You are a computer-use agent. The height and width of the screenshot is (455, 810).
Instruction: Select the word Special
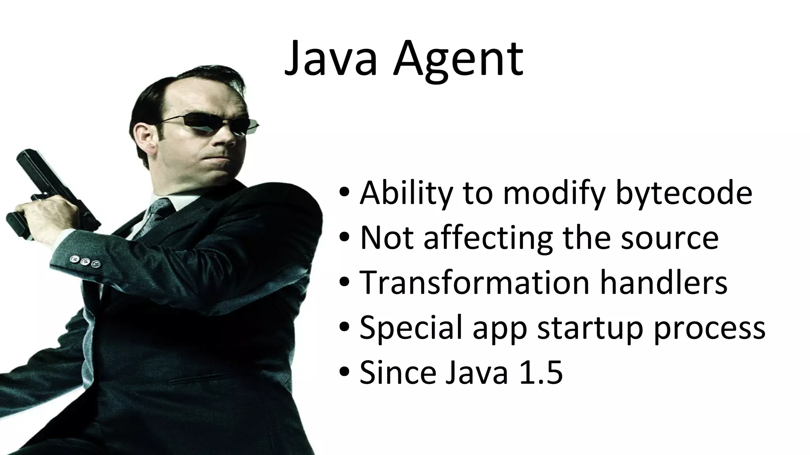point(411,328)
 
